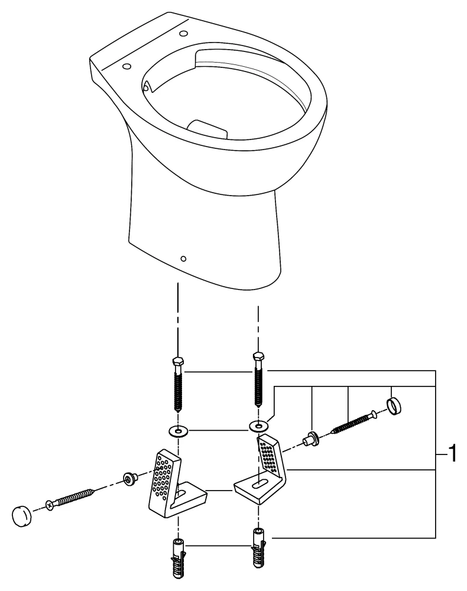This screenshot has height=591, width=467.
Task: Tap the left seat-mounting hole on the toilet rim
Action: pos(126,67)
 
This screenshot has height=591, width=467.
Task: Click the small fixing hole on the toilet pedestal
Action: pos(183,258)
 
